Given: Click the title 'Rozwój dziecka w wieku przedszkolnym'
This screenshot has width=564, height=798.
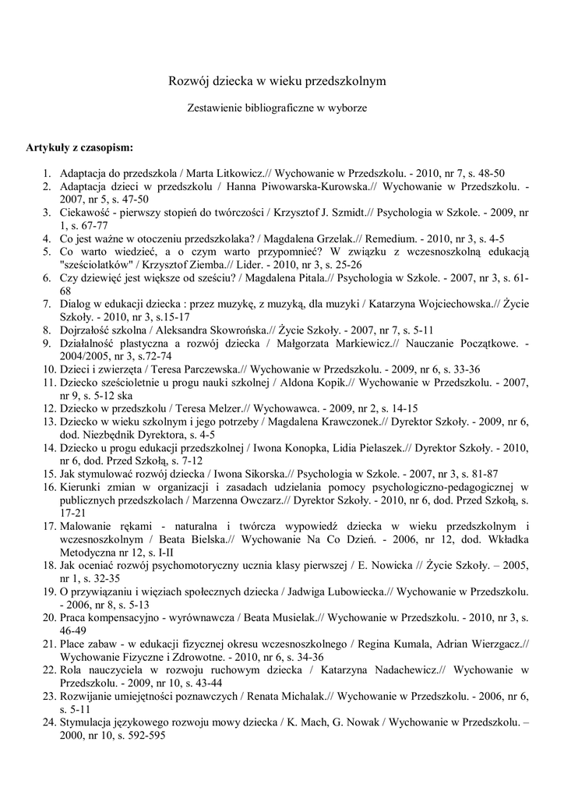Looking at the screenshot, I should point(278,80).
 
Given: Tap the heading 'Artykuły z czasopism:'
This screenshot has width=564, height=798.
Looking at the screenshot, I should point(79,147).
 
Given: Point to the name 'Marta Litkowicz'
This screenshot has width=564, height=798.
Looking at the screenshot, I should point(219,173).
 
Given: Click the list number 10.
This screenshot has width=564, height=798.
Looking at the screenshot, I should point(48,369).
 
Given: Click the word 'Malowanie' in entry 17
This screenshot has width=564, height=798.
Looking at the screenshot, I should point(86,526).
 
